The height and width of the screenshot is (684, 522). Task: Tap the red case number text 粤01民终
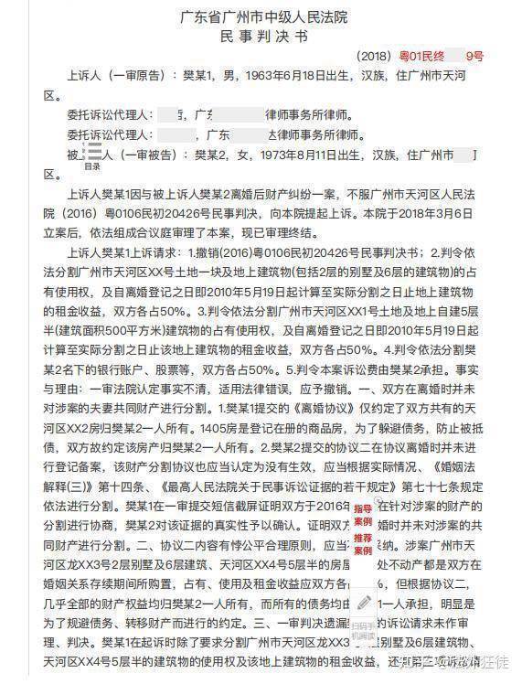(x=420, y=56)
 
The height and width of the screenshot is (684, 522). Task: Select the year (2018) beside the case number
(x=375, y=56)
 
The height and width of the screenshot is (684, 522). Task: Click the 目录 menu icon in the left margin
(x=92, y=157)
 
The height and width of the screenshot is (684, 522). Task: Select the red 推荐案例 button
(x=362, y=544)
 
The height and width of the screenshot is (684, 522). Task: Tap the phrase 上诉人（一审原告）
(x=119, y=77)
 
